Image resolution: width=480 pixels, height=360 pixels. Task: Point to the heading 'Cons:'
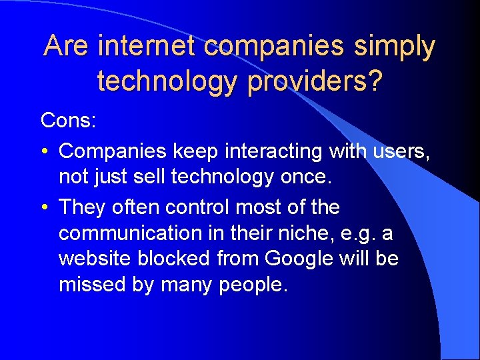(69, 121)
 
